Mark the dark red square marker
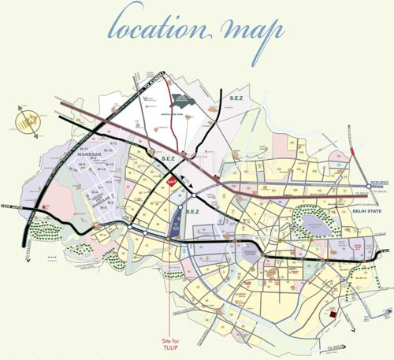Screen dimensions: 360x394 click(335, 314)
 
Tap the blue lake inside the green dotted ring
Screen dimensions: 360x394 click(314, 228)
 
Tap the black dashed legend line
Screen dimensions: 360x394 click(53, 258)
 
